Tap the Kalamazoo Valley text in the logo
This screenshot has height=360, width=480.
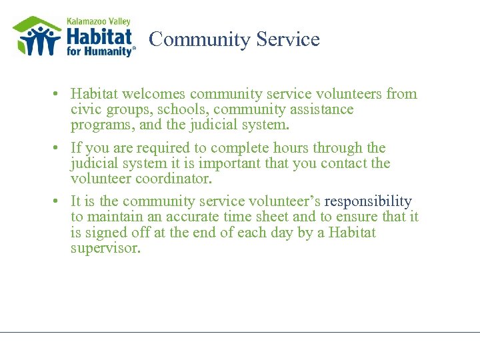point(98,22)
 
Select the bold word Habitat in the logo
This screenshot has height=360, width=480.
point(99,37)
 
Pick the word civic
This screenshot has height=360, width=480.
point(85,109)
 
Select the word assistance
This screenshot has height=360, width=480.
point(323,109)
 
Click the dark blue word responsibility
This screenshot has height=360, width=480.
point(368,201)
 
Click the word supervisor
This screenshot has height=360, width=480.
point(105,248)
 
